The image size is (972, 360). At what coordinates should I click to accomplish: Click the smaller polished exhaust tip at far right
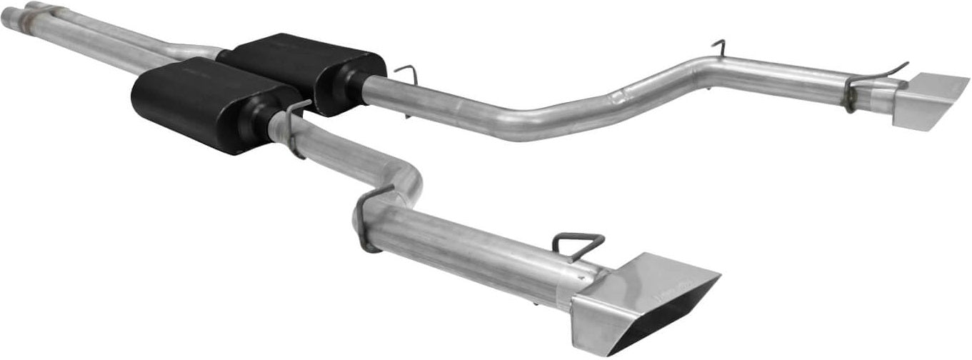coord(928,100)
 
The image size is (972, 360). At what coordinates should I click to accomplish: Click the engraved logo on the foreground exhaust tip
coord(671,286)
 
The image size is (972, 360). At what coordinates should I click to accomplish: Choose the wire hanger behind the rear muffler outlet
coord(406,74)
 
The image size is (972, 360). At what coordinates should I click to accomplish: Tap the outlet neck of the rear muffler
coord(354,83)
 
